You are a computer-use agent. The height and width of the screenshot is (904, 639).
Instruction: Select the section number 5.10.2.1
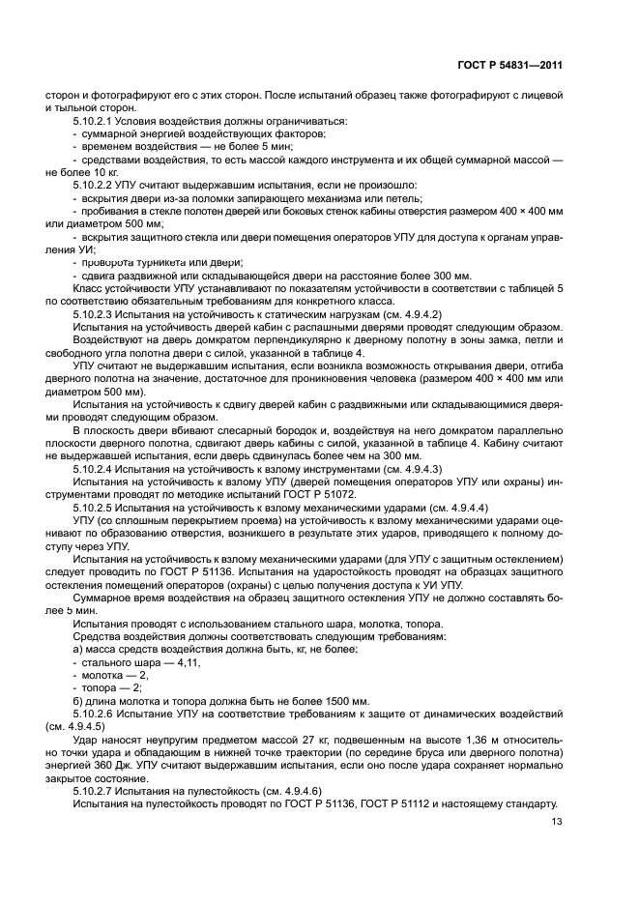click(x=96, y=120)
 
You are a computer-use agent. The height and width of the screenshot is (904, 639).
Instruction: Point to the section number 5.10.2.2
click(x=96, y=183)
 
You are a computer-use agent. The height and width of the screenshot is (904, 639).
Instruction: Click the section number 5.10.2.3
click(x=96, y=316)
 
